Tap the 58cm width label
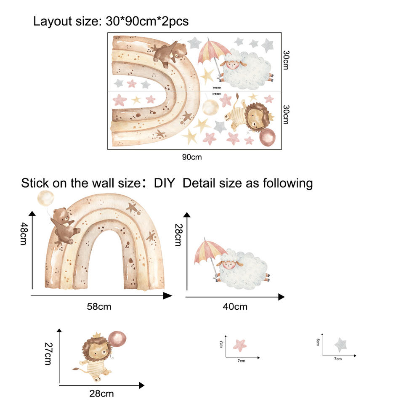coord(99,306)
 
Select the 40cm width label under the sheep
coord(235,306)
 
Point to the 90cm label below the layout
coord(192,157)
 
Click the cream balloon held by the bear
coord(45,197)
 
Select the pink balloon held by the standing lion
coord(117,339)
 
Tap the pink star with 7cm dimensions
coord(240,345)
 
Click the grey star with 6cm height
coord(341,345)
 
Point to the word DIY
coord(164,183)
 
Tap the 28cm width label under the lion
coord(101,394)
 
